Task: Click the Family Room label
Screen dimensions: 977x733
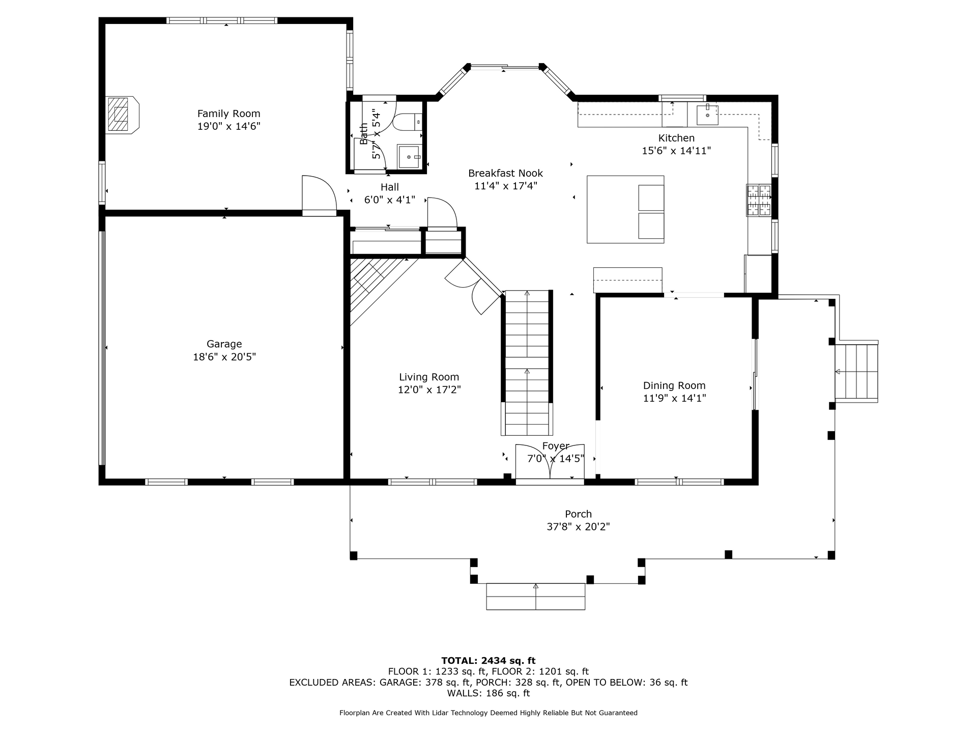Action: tap(228, 114)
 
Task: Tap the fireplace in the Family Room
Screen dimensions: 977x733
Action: tap(122, 115)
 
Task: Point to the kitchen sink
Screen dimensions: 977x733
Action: tap(707, 114)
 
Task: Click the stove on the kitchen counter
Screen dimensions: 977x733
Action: tap(759, 200)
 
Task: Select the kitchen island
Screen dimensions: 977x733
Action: tap(625, 209)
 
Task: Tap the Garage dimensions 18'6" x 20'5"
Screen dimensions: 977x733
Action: tap(224, 357)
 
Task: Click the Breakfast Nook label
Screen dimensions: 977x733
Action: tap(506, 173)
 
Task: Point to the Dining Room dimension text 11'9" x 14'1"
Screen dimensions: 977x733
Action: tap(674, 398)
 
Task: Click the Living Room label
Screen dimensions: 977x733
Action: tap(429, 377)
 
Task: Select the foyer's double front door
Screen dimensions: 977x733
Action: tap(550, 462)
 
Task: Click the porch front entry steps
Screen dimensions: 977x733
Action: tap(536, 597)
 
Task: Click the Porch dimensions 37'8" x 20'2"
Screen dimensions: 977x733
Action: tap(578, 527)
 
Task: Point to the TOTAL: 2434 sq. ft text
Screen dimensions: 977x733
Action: tap(489, 661)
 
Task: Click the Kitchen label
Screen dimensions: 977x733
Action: tap(676, 138)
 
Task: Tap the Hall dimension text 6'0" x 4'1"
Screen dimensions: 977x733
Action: tap(390, 200)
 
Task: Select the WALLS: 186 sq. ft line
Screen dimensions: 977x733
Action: tap(489, 693)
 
